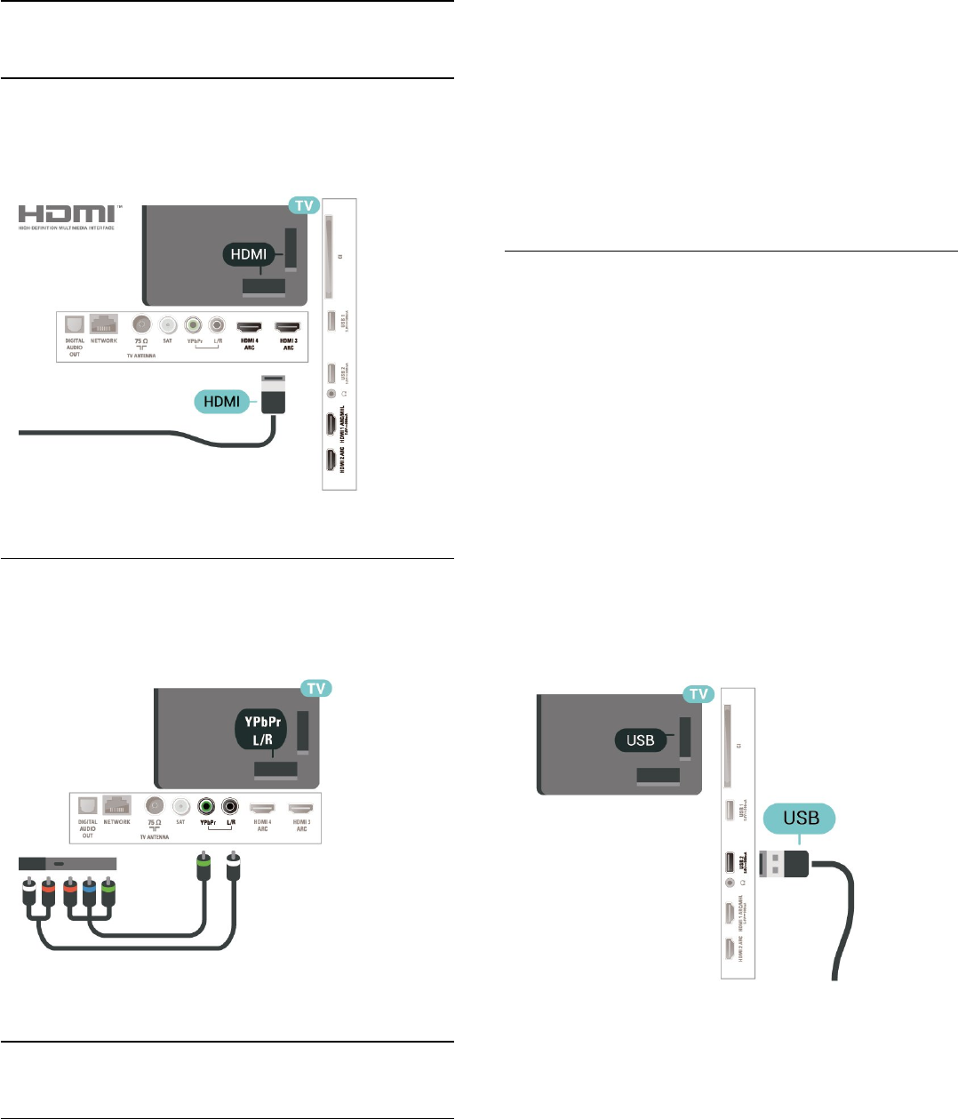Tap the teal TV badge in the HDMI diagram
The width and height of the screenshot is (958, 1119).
point(304,205)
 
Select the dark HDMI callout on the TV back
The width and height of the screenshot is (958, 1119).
point(248,254)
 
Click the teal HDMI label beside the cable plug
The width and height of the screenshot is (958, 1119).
point(222,402)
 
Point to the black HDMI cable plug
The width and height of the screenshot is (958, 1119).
point(272,396)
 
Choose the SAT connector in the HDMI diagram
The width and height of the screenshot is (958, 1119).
point(167,326)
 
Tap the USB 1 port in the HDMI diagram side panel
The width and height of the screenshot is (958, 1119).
point(331,321)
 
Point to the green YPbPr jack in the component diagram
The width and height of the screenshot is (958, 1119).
point(205,806)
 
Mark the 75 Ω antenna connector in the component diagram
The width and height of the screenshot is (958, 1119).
point(155,806)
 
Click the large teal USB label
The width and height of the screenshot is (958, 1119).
point(800,818)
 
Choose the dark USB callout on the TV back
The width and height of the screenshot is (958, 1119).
point(640,739)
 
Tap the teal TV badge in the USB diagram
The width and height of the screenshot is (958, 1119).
point(699,694)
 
